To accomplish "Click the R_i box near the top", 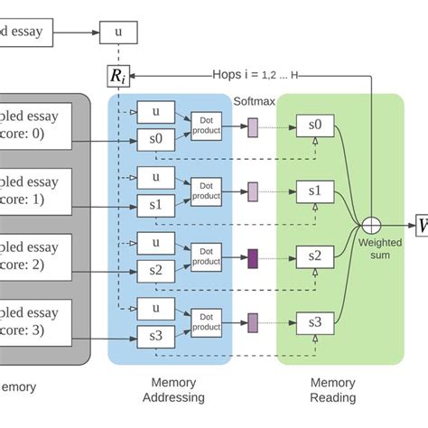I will point(118,76).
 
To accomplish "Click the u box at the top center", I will point(118,33).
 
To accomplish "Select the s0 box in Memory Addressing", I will point(156,140).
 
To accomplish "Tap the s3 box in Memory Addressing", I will point(156,337).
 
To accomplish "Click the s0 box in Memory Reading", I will point(313,125).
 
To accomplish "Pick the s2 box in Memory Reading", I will point(313,256).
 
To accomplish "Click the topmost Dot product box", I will point(206,125).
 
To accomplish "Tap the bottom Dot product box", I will point(206,321).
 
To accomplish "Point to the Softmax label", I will point(254,102).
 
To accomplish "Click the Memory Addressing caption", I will point(173,390).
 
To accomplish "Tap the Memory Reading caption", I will point(332,390).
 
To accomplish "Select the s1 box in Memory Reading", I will point(313,191).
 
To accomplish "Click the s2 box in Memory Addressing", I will point(156,271).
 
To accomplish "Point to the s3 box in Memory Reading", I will point(313,321).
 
